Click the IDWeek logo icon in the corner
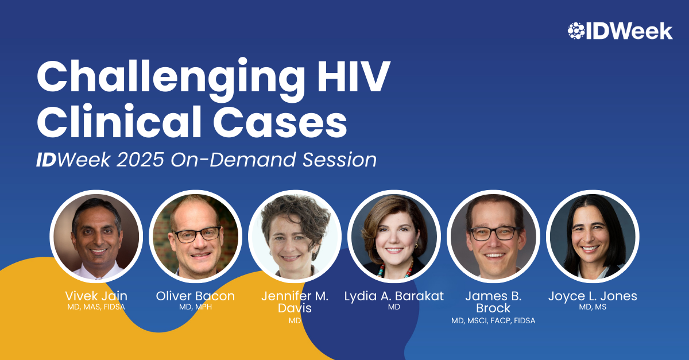coord(576,31)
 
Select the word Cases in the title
coord(281,122)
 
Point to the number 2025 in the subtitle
coord(140,160)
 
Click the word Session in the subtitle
coord(339,160)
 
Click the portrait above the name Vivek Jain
coord(96,237)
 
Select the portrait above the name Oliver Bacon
coord(196,237)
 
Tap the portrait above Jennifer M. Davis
coord(295,237)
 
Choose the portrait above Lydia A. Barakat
coord(394,237)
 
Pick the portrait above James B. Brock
coord(493,237)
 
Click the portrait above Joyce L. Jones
coord(593,237)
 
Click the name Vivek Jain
coord(96,296)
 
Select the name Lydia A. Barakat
coord(394,296)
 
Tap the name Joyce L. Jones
coord(593,296)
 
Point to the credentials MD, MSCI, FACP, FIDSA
coord(493,320)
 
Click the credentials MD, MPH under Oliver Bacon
coord(196,307)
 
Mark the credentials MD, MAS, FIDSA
coord(96,307)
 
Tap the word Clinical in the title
coord(119,122)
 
